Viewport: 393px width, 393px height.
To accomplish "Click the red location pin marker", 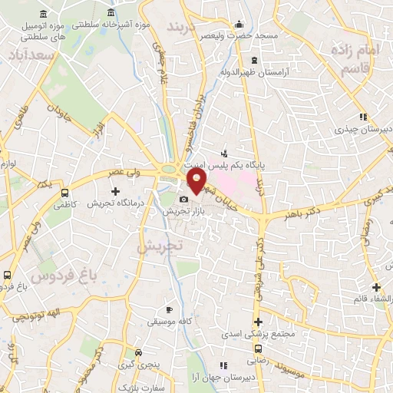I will [197, 181].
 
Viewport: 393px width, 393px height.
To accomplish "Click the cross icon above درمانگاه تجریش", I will [116, 191].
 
